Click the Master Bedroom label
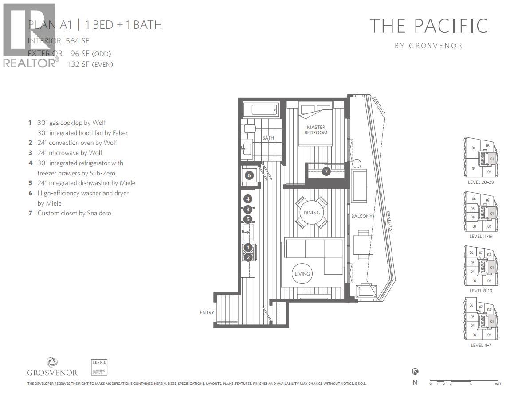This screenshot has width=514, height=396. pos(316,130)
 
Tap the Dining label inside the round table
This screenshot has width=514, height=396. pos(311,213)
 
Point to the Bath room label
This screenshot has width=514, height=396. pos(268,138)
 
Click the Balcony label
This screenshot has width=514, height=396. pos(361,217)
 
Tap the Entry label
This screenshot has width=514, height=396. pos(207,312)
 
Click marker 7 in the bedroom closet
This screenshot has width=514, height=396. pos(326,171)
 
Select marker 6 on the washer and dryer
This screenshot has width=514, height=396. pos(249,175)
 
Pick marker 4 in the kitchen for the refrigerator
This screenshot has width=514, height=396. pos(248,199)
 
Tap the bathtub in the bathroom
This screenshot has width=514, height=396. pos(261,109)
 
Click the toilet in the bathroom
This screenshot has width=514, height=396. pos(248,129)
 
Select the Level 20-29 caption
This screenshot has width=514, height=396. pos(481,182)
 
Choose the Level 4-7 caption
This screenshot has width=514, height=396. pos(481,345)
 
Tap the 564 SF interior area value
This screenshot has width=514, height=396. pos(77,41)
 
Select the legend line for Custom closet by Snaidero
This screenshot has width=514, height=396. pos(74,213)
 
